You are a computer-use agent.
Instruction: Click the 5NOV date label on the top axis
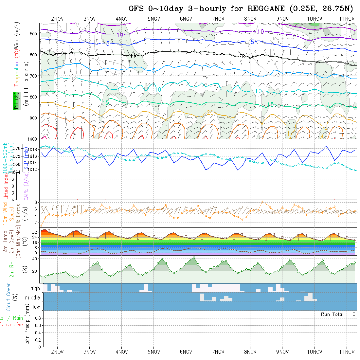[154, 19]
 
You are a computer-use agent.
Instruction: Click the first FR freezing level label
[134, 56]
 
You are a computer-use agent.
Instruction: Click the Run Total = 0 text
[338, 314]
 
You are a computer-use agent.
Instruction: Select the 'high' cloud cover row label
[35, 288]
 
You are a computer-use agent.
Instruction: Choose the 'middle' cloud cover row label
[33, 298]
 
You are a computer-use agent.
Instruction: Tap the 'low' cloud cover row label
[36, 307]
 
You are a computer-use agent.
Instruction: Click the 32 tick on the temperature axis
[35, 232]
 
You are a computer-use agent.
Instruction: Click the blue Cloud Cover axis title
[9, 297]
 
